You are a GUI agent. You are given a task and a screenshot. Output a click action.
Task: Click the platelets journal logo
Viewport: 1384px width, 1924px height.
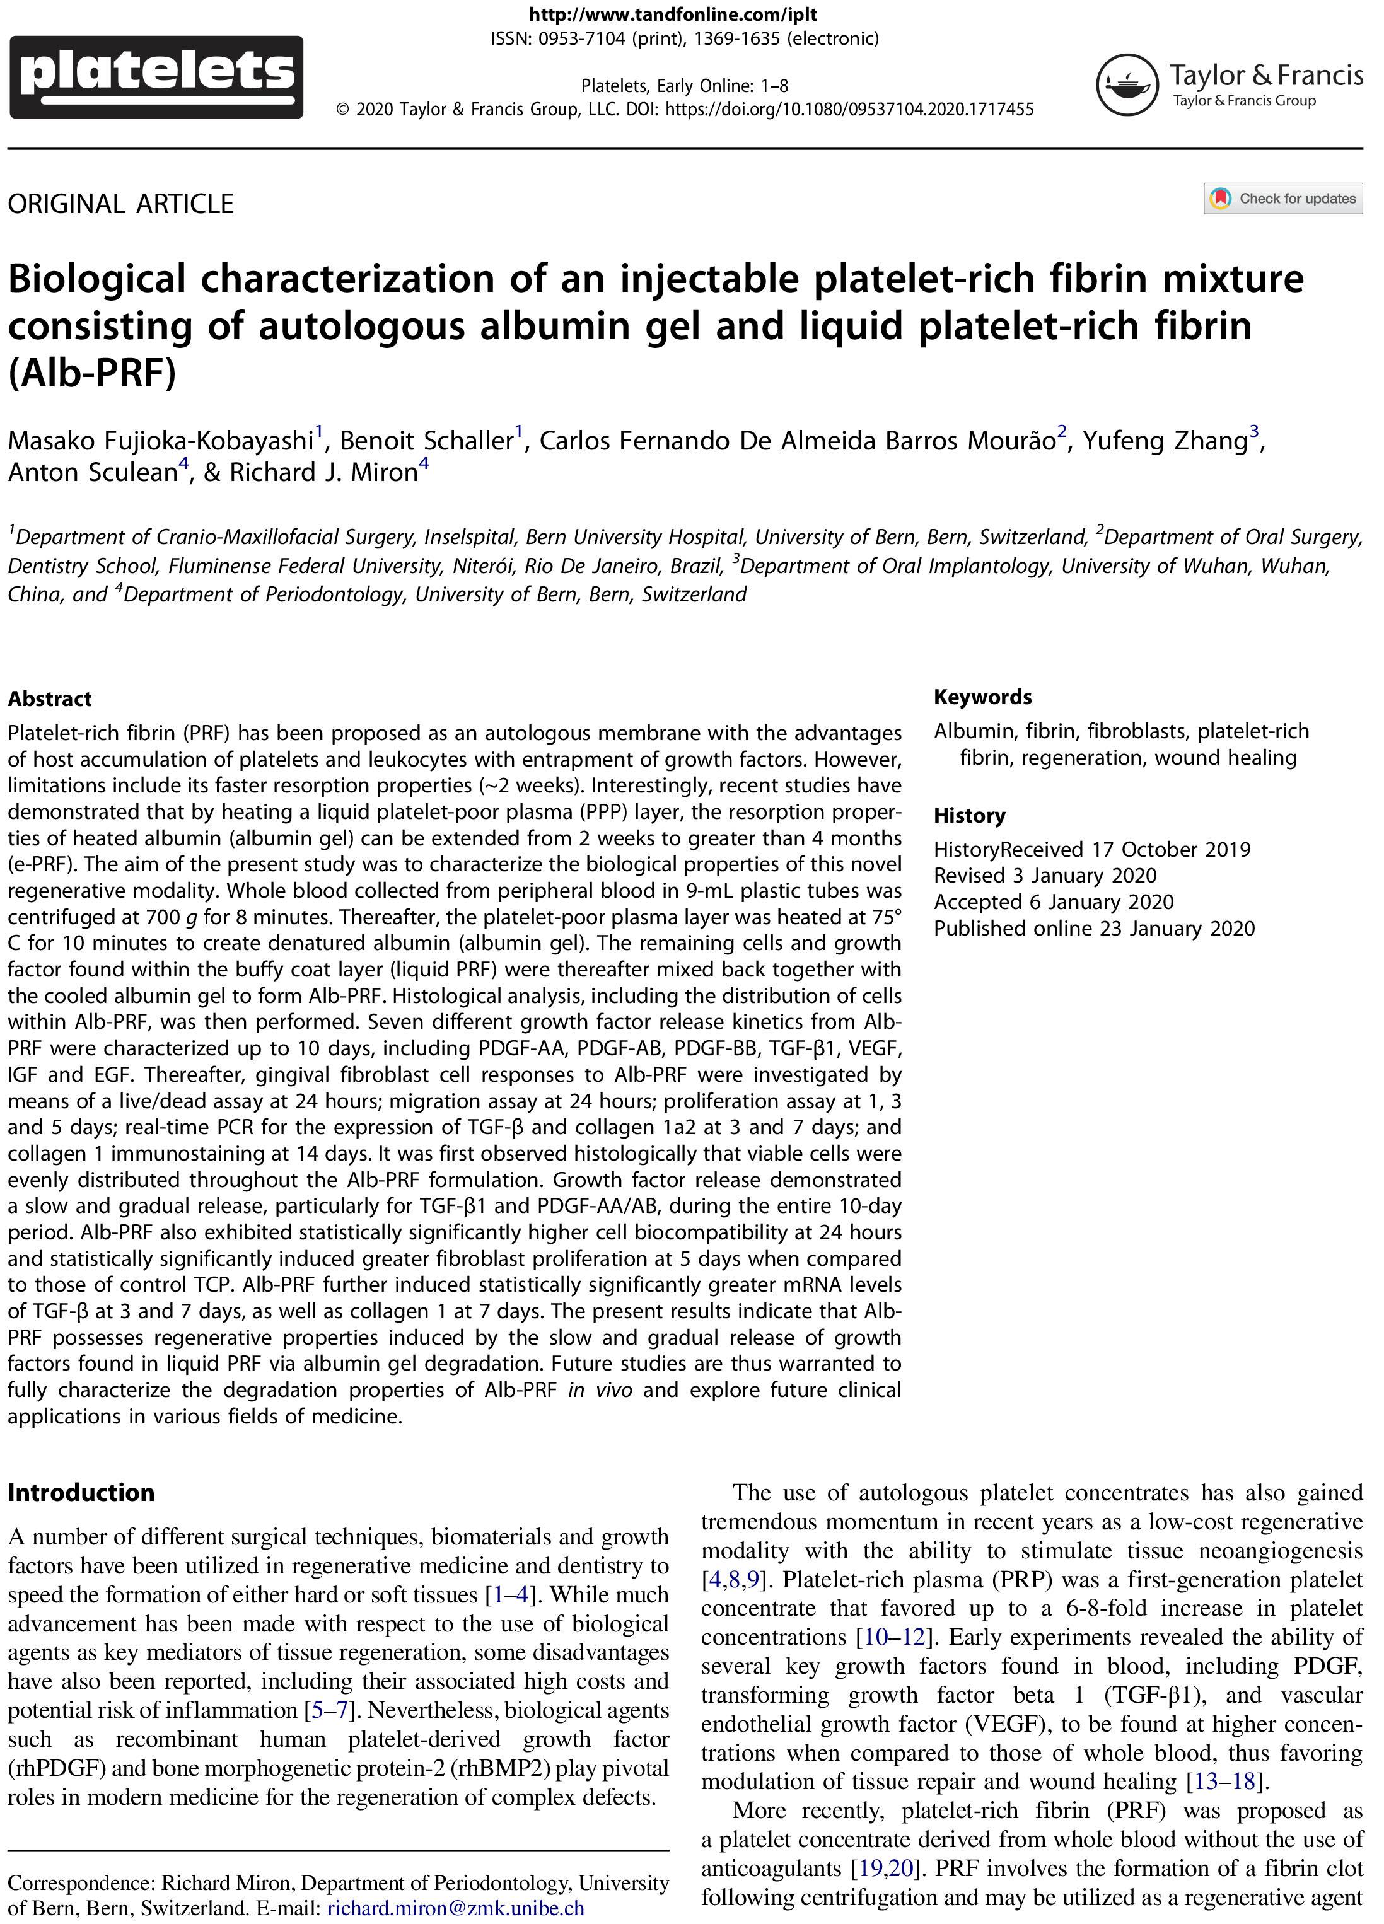[156, 76]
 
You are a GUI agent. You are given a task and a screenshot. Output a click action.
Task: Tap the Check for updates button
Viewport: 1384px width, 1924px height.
[1282, 199]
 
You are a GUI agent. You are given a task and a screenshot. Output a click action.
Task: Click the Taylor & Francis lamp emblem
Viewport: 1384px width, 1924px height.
[1126, 84]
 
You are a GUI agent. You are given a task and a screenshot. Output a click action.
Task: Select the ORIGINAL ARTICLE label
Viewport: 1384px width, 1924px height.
[120, 204]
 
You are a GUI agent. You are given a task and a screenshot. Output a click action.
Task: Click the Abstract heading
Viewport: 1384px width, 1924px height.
[49, 699]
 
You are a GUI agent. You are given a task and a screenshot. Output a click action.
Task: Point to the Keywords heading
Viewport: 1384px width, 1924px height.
[982, 697]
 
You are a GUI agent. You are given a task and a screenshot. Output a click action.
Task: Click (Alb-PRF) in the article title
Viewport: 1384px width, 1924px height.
[91, 373]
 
